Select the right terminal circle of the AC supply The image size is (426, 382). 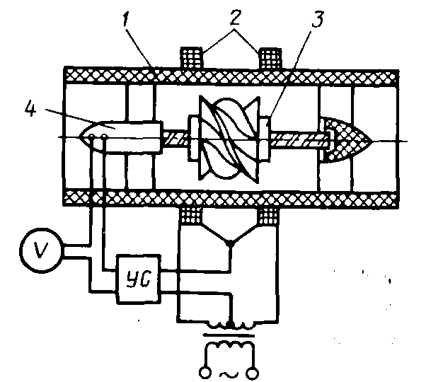point(251,371)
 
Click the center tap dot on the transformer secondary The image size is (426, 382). point(229,322)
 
